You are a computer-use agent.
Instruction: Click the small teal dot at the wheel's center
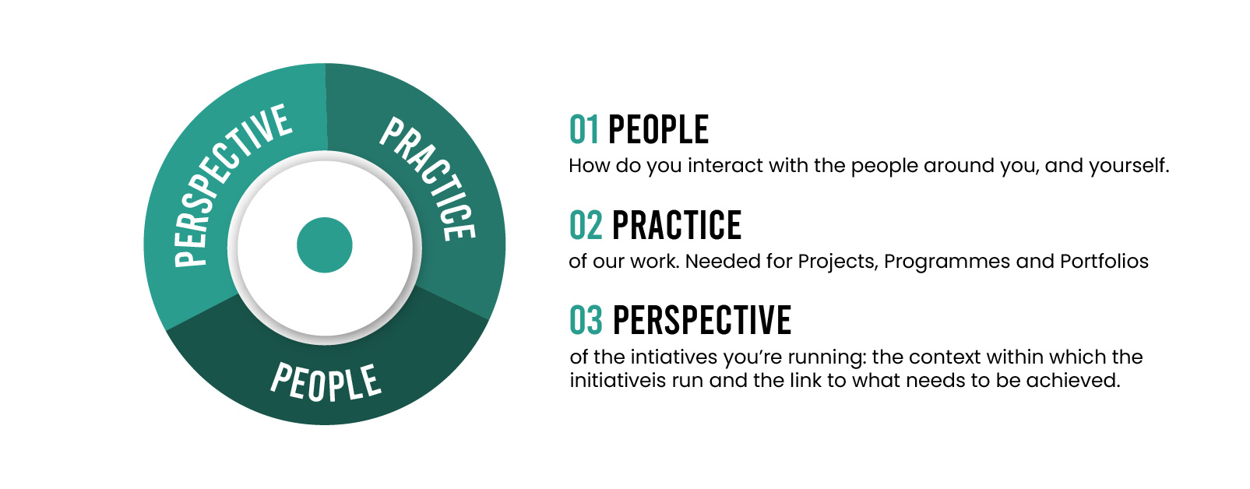tap(324, 245)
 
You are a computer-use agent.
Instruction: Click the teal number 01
tap(583, 129)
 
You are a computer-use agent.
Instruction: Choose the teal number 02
tap(586, 226)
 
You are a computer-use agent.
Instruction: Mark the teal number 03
tap(586, 320)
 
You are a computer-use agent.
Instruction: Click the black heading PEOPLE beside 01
tap(658, 129)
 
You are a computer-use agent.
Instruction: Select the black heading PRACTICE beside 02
tap(677, 226)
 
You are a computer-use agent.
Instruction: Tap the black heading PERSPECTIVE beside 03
tap(702, 320)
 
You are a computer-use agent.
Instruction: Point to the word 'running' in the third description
tap(827, 358)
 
